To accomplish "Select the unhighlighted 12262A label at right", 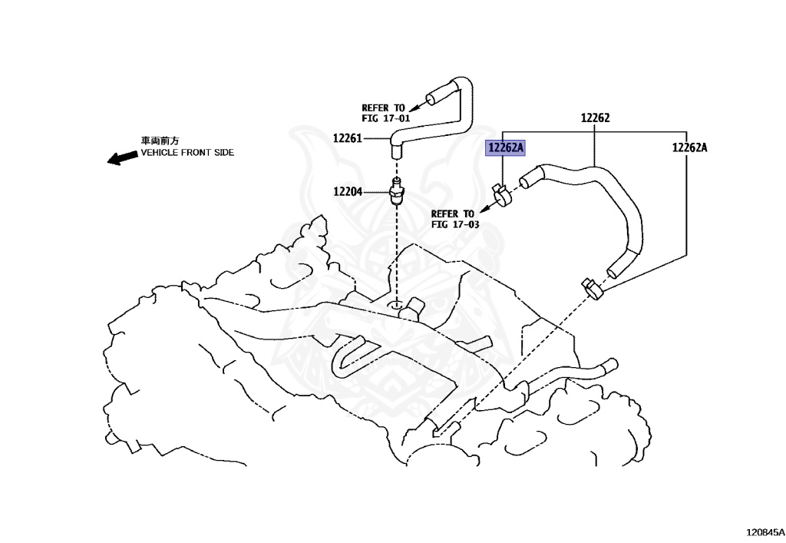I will [x=689, y=148].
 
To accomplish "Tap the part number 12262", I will [x=595, y=118].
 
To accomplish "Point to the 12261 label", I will [x=348, y=138].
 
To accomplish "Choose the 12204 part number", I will [x=348, y=191].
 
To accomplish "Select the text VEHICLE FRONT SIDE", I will [x=187, y=153].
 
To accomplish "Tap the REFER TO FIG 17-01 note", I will [x=385, y=114].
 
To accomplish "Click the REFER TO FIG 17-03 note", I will [x=454, y=219].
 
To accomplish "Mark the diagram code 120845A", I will [x=764, y=531].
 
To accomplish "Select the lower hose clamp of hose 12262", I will [x=593, y=288].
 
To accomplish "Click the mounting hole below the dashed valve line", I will [x=396, y=306].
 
